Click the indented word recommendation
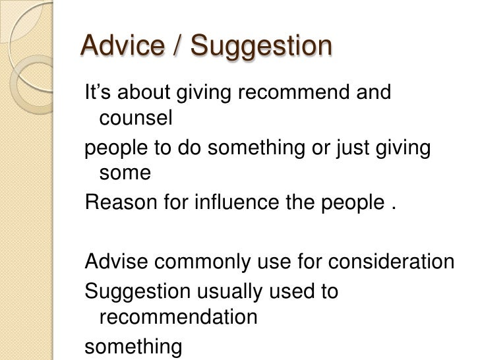[177, 318]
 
